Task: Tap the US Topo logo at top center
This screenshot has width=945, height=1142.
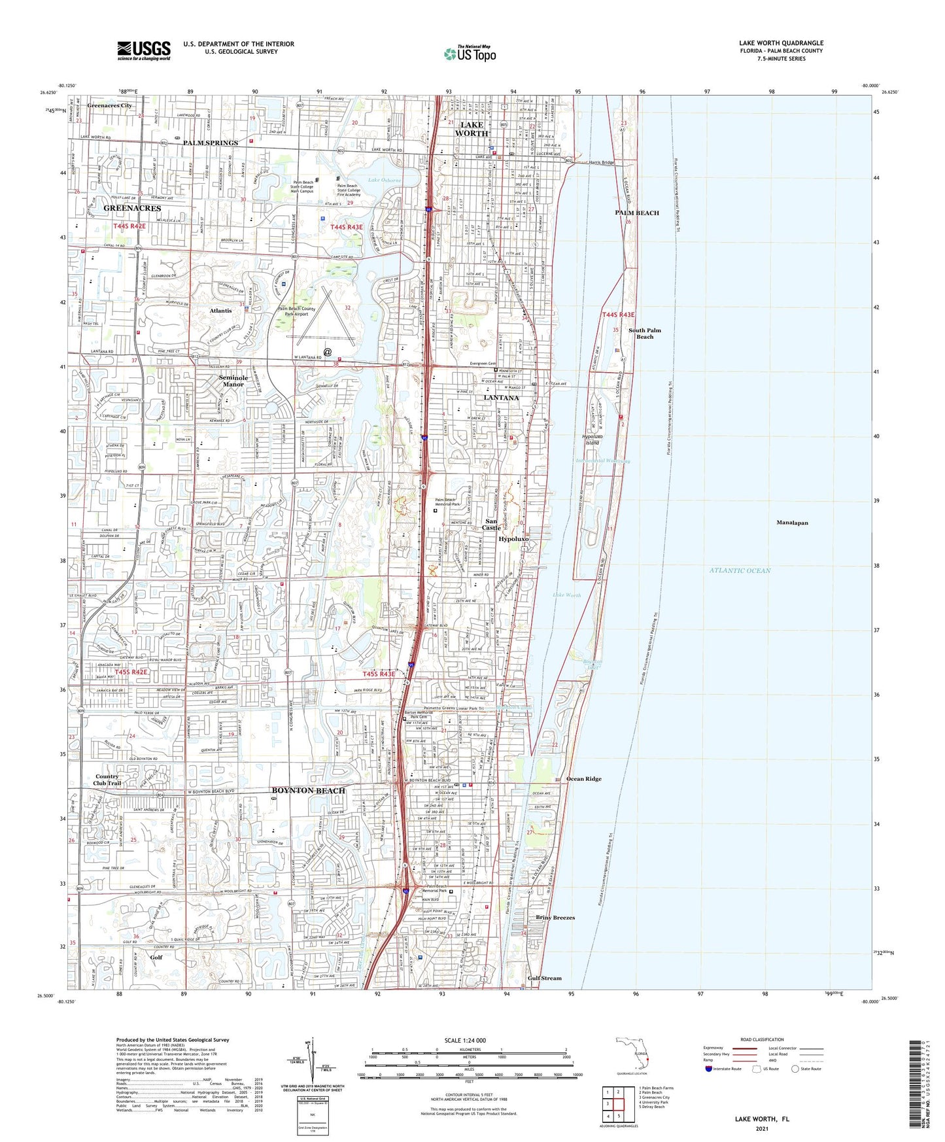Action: pyautogui.click(x=470, y=54)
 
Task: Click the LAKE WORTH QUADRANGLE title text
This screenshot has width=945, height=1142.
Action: pyautogui.click(x=781, y=43)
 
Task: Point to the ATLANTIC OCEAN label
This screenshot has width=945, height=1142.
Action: pyautogui.click(x=740, y=570)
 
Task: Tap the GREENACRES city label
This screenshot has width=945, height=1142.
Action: pyautogui.click(x=132, y=208)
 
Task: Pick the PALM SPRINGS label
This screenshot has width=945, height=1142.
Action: pyautogui.click(x=211, y=143)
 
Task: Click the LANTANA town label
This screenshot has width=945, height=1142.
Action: pyautogui.click(x=501, y=398)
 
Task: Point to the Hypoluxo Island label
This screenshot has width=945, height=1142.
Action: pyautogui.click(x=591, y=439)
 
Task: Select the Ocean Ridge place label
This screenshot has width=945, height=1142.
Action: pyautogui.click(x=583, y=779)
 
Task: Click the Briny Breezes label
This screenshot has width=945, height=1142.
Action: pyautogui.click(x=555, y=918)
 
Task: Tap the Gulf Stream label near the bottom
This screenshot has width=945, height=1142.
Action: pyautogui.click(x=544, y=978)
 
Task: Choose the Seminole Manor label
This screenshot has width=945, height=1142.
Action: pyautogui.click(x=233, y=381)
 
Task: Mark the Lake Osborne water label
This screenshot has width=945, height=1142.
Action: pyautogui.click(x=383, y=180)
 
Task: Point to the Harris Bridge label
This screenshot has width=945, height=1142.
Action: pyautogui.click(x=601, y=163)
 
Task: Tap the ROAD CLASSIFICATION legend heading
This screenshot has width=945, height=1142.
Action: pyautogui.click(x=762, y=1039)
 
